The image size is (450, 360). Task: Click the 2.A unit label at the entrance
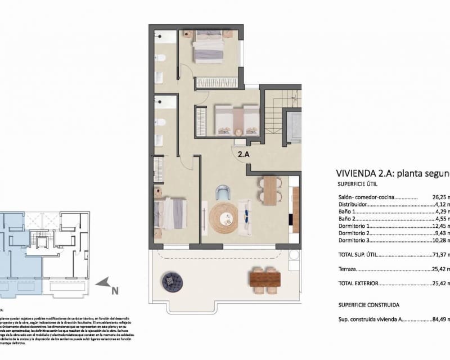[243, 152]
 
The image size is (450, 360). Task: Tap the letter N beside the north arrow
[115, 291]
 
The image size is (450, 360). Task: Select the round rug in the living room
[224, 218]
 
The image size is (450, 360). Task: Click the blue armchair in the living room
[223, 193]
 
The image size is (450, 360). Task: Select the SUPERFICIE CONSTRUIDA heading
[368, 304]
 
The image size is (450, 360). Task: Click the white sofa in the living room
[245, 218]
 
